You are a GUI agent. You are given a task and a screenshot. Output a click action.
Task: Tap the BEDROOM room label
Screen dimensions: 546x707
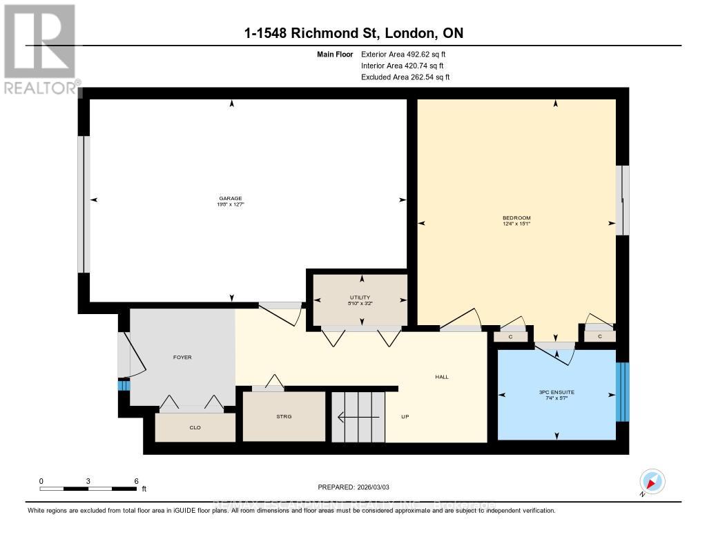click(516, 218)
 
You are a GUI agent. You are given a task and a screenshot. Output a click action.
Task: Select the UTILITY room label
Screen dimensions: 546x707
click(360, 297)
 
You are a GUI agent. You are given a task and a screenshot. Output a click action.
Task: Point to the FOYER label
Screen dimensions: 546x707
click(182, 357)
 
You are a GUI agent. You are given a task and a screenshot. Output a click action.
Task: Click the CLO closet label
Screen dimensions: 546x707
click(195, 427)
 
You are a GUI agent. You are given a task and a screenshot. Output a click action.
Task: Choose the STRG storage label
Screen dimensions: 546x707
click(284, 416)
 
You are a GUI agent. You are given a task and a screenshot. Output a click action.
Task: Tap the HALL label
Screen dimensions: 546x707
click(442, 377)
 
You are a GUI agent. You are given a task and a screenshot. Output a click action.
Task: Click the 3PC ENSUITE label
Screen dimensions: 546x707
click(556, 392)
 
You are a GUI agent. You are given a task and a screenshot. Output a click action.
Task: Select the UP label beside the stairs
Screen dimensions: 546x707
click(406, 417)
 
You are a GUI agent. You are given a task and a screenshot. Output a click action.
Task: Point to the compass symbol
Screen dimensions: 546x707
click(652, 481)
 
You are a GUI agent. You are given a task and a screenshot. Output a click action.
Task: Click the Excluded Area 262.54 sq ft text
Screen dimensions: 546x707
click(405, 77)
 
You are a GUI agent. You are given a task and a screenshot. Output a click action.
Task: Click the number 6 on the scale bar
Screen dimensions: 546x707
click(136, 480)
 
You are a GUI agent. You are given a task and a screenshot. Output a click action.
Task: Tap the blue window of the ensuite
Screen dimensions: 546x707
click(622, 391)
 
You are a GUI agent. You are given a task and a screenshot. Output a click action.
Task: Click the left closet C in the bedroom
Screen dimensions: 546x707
click(510, 337)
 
